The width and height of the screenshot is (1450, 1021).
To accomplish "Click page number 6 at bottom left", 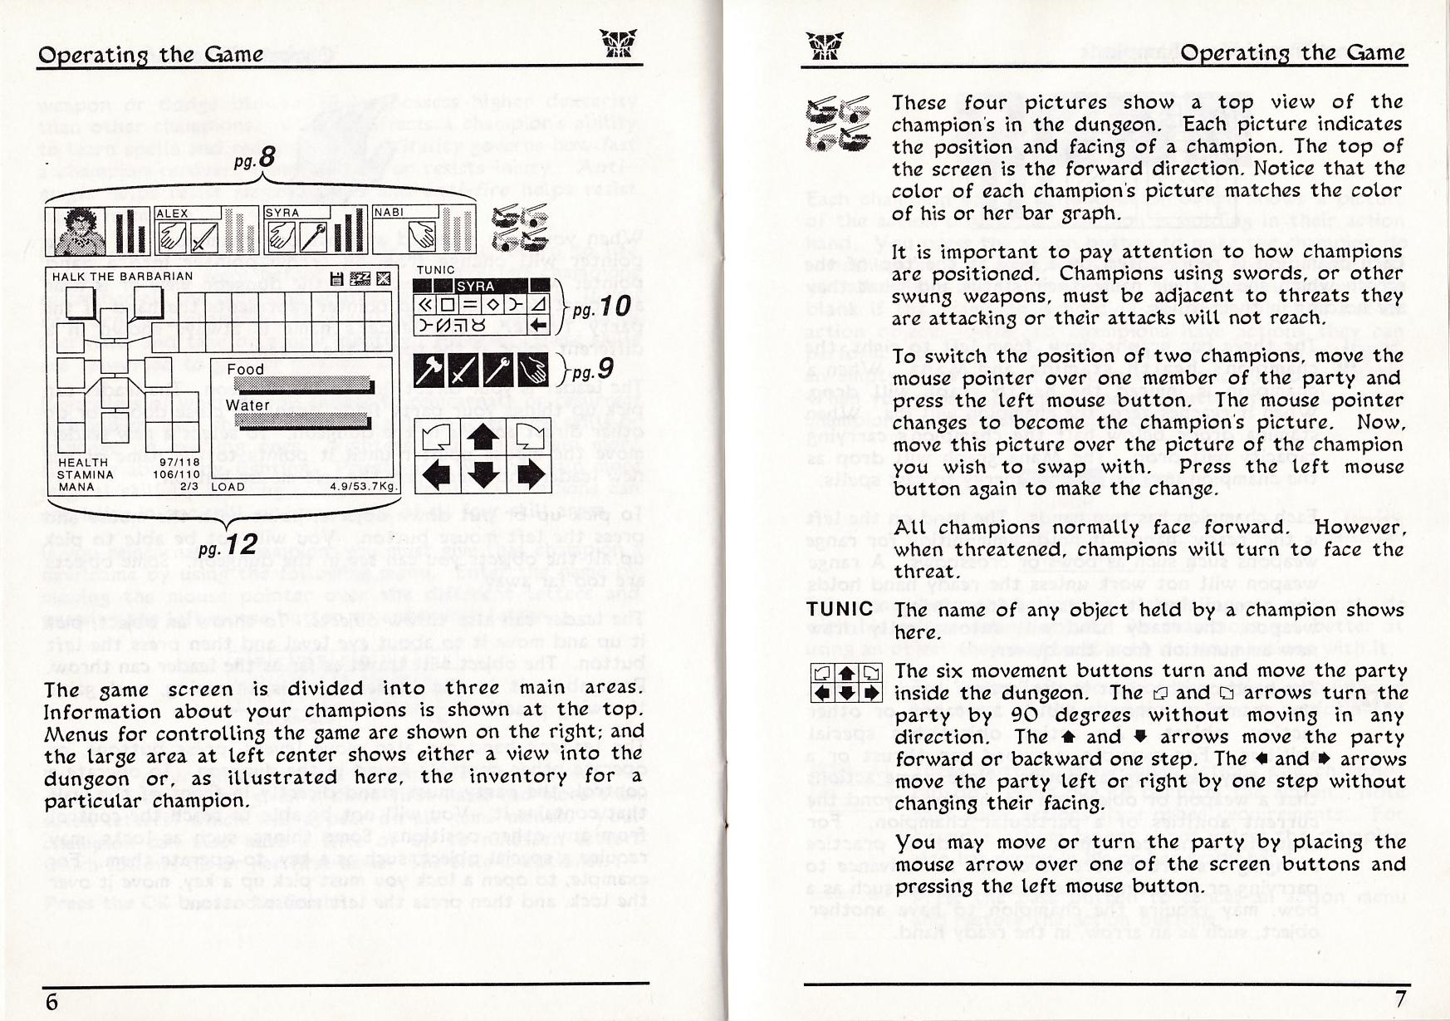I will [51, 1001].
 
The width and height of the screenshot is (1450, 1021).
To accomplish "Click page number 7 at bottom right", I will [1400, 999].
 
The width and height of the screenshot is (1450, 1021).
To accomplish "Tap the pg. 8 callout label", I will [254, 158].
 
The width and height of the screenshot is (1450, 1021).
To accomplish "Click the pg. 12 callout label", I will [228, 546].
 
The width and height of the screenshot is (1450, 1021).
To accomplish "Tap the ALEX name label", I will [173, 214].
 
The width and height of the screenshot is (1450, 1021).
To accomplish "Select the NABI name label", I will [389, 213].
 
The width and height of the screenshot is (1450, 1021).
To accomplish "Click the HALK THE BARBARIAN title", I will [122, 277].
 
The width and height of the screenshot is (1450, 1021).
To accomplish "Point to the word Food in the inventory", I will [245, 369].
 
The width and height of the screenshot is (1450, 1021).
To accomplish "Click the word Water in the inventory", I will [247, 405].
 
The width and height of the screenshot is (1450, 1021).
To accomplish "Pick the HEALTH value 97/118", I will [179, 462].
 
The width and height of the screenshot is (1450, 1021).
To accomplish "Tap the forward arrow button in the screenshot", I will [483, 438].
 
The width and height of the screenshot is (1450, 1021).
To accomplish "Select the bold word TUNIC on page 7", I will [840, 609].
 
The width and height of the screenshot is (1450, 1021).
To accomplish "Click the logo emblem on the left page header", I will [620, 43].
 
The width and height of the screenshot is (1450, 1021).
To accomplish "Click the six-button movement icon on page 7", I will [846, 683].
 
